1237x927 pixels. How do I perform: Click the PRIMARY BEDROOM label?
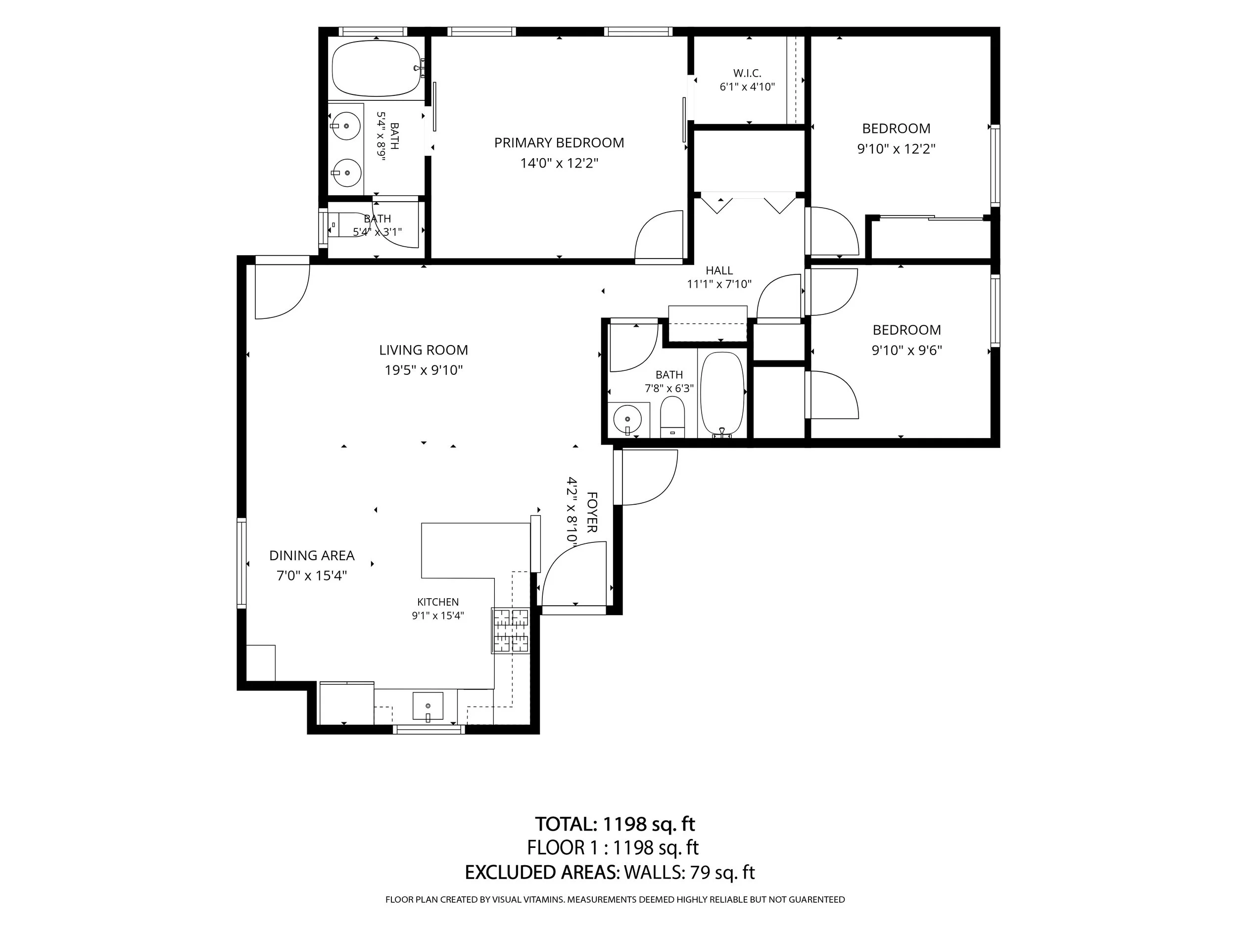(x=559, y=142)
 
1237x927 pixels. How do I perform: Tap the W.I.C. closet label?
(x=747, y=73)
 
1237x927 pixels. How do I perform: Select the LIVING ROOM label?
(x=424, y=350)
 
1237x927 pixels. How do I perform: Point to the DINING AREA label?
(x=312, y=555)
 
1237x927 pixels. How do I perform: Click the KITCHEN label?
(x=438, y=602)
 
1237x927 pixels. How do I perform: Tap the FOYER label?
(x=592, y=512)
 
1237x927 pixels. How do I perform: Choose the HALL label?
(x=719, y=270)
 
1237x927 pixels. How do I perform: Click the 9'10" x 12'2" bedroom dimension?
(x=896, y=149)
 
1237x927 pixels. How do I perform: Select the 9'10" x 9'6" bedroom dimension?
(x=906, y=351)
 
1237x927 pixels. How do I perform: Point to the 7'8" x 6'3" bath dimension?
(x=669, y=388)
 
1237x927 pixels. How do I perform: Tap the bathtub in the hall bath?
(x=722, y=394)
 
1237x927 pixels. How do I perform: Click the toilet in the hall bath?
(x=672, y=417)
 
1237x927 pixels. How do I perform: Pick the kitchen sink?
(x=428, y=706)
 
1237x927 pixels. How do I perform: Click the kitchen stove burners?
(x=510, y=630)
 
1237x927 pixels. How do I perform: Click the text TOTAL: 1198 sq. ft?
(x=615, y=824)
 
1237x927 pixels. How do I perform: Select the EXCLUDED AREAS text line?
(x=610, y=872)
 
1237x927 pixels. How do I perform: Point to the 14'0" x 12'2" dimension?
(x=559, y=163)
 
